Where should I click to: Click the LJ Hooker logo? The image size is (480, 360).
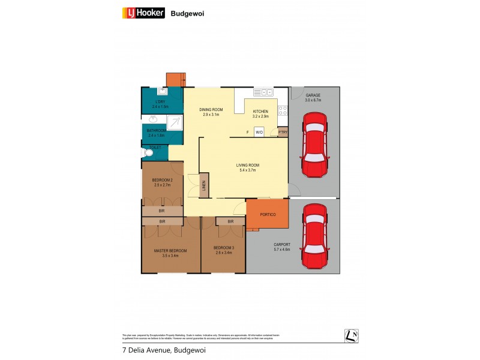143,12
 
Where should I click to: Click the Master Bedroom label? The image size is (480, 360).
170,253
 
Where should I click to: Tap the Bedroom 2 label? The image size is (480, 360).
162,182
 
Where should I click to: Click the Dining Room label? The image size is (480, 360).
211,112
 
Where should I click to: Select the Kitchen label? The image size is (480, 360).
260,114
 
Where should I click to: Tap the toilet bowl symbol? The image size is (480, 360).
148,154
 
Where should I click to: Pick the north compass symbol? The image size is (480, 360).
352,336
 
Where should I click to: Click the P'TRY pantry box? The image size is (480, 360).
283,132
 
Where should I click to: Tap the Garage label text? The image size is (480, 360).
313,96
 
